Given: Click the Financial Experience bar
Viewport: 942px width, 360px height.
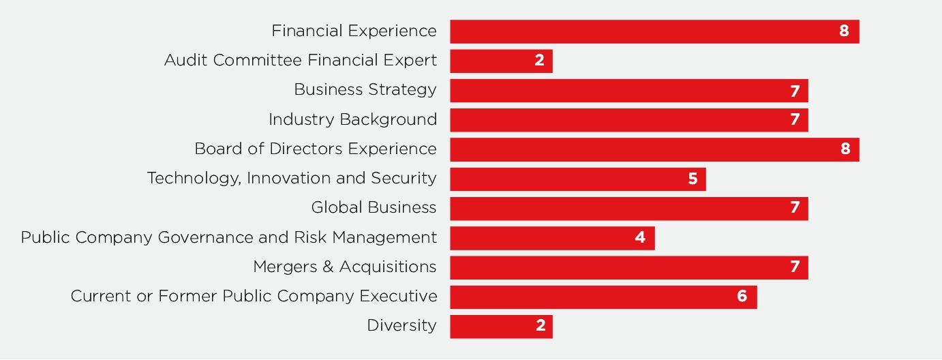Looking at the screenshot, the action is (654, 31).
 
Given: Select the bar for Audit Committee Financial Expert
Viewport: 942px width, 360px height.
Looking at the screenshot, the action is (501, 61).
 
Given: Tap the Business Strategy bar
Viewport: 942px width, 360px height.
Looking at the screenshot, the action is (628, 91).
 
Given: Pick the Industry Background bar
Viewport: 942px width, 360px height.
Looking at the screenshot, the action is (628, 120).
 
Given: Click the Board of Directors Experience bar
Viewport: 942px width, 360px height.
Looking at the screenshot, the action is (654, 149).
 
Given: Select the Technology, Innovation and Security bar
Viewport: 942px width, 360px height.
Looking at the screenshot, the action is (578, 179).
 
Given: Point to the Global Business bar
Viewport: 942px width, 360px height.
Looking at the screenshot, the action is (628, 209).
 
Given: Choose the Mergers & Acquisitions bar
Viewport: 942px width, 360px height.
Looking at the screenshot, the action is (628, 267).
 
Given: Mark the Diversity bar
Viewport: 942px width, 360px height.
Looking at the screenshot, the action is (501, 327).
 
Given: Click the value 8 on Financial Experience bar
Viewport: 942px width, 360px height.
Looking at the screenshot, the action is (844, 31).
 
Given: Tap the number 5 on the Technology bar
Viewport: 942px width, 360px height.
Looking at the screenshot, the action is (693, 179).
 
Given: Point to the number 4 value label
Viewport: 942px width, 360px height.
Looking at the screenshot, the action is (640, 238).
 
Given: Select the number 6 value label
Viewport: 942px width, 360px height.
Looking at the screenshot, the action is (742, 296).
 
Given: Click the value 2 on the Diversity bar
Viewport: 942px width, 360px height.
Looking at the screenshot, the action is (541, 325).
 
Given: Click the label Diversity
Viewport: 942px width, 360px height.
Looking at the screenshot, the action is (401, 326).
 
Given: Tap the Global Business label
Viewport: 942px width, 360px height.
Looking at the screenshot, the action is (374, 207).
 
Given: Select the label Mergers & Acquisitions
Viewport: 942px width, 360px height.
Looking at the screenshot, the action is (345, 267).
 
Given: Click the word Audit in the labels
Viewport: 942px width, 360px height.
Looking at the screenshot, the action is (186, 60).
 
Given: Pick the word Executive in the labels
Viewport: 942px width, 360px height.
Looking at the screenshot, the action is (398, 296).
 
